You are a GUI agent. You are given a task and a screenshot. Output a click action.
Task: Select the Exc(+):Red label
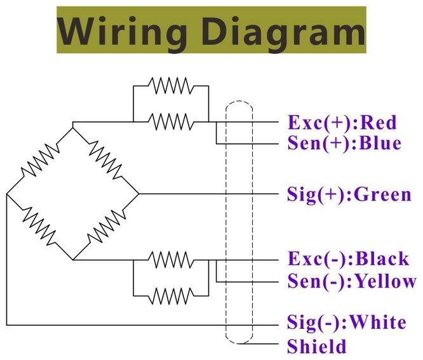342,121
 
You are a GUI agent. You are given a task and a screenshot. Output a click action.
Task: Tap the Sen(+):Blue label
344,143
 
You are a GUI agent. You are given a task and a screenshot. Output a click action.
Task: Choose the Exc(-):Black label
348,259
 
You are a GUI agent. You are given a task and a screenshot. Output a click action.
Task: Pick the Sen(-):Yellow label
352,281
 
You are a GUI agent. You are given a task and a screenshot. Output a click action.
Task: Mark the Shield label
317,347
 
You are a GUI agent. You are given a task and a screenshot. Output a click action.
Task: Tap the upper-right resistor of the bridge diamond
106,159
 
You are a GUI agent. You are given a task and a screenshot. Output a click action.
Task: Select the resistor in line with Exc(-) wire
170,260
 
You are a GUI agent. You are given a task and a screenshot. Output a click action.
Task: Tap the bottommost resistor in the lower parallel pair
170,295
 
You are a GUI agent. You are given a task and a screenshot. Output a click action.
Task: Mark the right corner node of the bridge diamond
139,194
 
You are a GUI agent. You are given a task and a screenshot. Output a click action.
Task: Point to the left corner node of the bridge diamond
7,194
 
